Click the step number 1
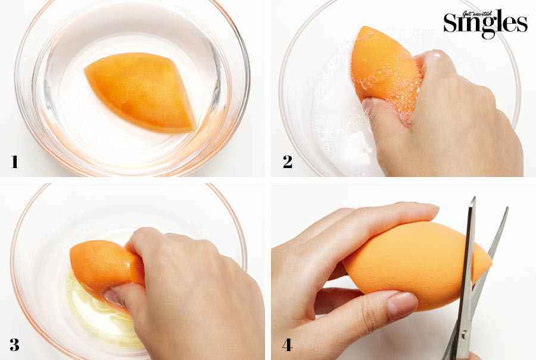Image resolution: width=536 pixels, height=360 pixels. (x=14, y=162)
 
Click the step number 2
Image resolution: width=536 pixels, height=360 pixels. (x=288, y=162)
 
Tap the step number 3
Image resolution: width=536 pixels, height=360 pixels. (x=14, y=345)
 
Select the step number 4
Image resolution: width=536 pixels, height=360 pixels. (x=287, y=345)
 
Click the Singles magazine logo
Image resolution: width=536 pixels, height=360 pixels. (x=485, y=23)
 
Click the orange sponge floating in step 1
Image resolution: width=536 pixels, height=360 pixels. (x=140, y=92)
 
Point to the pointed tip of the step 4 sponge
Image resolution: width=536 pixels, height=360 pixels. (x=491, y=263)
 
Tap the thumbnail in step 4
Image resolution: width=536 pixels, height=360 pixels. (x=403, y=305)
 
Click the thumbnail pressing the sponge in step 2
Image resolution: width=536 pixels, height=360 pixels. (x=367, y=104)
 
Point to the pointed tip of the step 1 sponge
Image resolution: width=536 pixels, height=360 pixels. (x=85, y=70)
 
